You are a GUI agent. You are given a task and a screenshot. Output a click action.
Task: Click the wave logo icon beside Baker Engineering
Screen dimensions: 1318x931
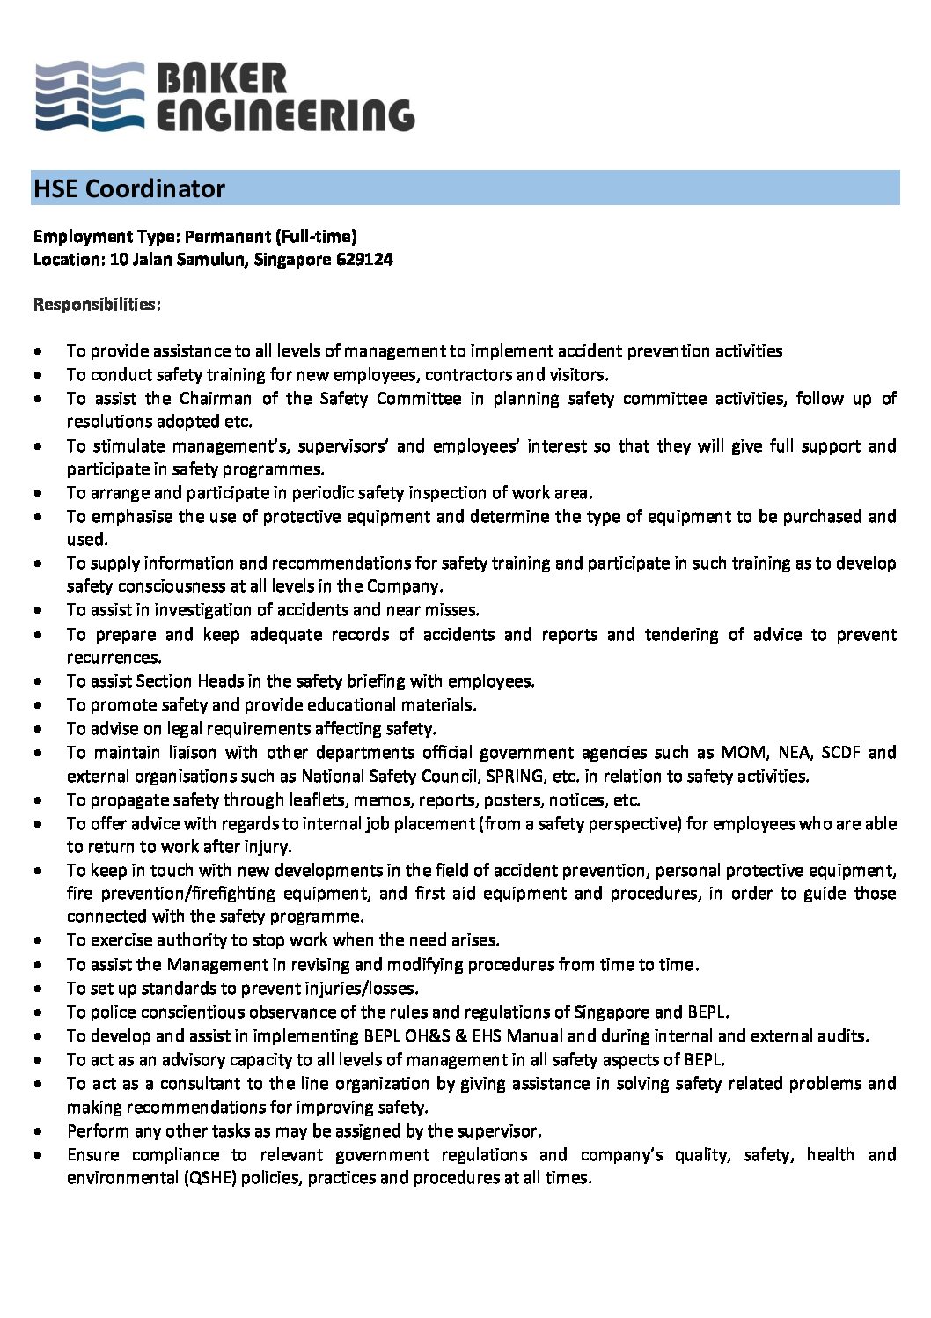89,97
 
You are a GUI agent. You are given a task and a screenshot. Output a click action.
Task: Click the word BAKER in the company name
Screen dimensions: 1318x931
221,79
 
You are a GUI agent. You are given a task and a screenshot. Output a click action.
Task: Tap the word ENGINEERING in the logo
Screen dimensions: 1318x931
285,115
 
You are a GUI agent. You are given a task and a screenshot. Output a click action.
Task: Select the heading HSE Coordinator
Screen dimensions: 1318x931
129,188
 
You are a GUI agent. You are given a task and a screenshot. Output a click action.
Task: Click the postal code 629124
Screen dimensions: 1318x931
364,260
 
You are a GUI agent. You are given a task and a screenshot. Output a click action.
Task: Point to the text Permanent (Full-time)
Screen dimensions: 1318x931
270,236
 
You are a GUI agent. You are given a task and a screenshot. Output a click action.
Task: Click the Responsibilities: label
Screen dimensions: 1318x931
97,305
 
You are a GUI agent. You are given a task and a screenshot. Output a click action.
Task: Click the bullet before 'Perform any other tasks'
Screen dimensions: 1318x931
38,1131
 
